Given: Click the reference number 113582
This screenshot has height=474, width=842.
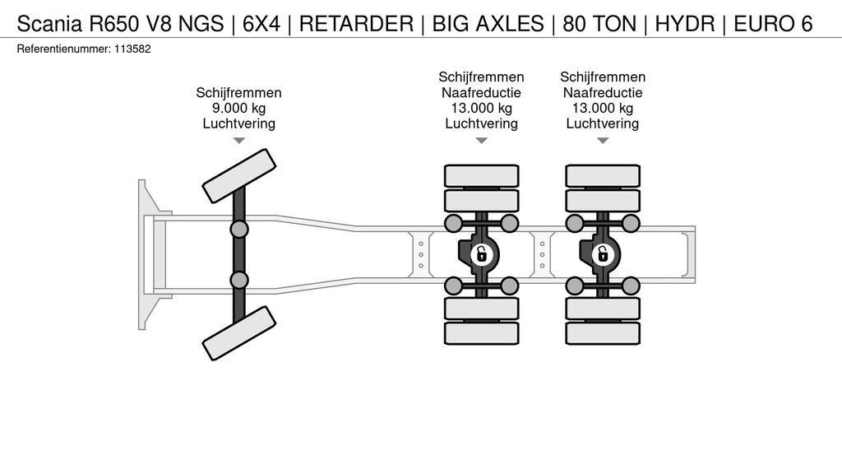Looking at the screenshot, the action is [132, 49].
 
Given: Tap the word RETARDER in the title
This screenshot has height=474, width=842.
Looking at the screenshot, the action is [356, 24].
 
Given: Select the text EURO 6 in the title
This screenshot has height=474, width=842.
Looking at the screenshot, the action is [773, 24].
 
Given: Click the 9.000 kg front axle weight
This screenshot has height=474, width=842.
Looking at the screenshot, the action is [239, 108].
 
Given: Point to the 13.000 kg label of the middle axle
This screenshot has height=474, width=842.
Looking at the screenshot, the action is [482, 108].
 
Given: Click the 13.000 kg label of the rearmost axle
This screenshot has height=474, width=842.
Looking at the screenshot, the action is [603, 108].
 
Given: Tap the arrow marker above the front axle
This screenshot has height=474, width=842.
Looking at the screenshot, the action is [239, 141].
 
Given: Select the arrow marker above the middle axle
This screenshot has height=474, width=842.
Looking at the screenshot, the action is [482, 141].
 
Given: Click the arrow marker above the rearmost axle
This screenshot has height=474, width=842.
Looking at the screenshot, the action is [603, 141].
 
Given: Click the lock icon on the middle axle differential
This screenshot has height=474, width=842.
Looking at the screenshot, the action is [482, 253].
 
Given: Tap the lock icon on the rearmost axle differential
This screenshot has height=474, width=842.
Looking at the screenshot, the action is [603, 253].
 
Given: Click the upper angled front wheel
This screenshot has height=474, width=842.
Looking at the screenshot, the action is [239, 176].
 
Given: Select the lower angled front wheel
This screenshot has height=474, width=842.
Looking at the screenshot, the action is [239, 333].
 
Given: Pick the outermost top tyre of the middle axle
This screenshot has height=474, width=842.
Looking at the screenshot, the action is [482, 176].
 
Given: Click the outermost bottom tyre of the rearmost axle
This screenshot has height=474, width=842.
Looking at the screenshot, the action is [603, 333].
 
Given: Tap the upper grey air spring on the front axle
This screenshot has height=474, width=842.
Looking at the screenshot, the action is [239, 230].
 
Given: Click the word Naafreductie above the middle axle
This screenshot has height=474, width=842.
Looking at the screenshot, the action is [482, 92].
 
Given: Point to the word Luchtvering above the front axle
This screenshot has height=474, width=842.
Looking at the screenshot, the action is [239, 123].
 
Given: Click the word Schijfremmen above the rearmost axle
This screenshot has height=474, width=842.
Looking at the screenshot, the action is [603, 77].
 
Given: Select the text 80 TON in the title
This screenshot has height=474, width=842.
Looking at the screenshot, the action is [599, 24].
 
